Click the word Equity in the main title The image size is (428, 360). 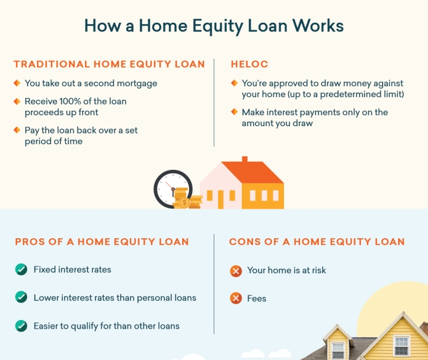(x=217, y=26)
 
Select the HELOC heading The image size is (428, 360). (x=249, y=64)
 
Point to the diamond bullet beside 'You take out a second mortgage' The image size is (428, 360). (x=17, y=83)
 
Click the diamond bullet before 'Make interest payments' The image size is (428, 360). (x=234, y=112)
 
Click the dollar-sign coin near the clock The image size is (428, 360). (x=185, y=203)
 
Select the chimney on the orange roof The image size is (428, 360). (x=244, y=159)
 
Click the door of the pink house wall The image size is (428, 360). (x=220, y=200)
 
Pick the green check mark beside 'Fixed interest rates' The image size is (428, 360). (x=22, y=270)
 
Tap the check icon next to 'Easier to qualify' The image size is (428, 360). (x=22, y=326)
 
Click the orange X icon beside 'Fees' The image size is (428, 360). (x=236, y=298)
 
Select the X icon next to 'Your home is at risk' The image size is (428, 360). (x=236, y=271)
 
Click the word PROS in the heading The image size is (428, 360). (x=30, y=242)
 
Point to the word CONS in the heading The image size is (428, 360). (x=244, y=242)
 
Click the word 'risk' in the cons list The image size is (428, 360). (x=319, y=270)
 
